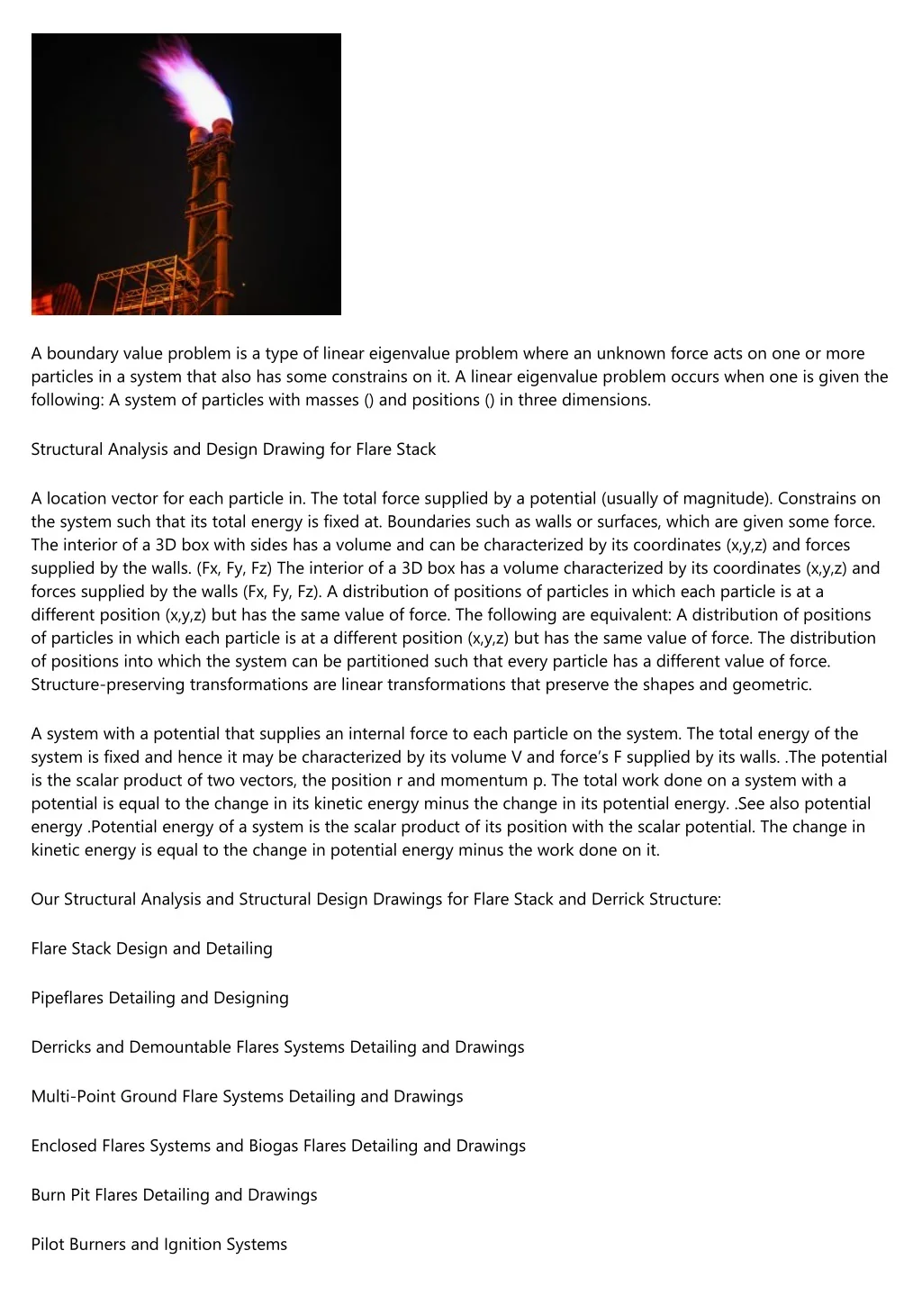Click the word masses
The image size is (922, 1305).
[x=329, y=400]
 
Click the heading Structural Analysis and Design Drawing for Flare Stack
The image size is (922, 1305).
[x=233, y=449]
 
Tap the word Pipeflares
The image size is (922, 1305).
[x=68, y=998]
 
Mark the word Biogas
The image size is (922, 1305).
[x=273, y=1146]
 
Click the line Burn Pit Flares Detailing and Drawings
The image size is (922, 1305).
[x=174, y=1195]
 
